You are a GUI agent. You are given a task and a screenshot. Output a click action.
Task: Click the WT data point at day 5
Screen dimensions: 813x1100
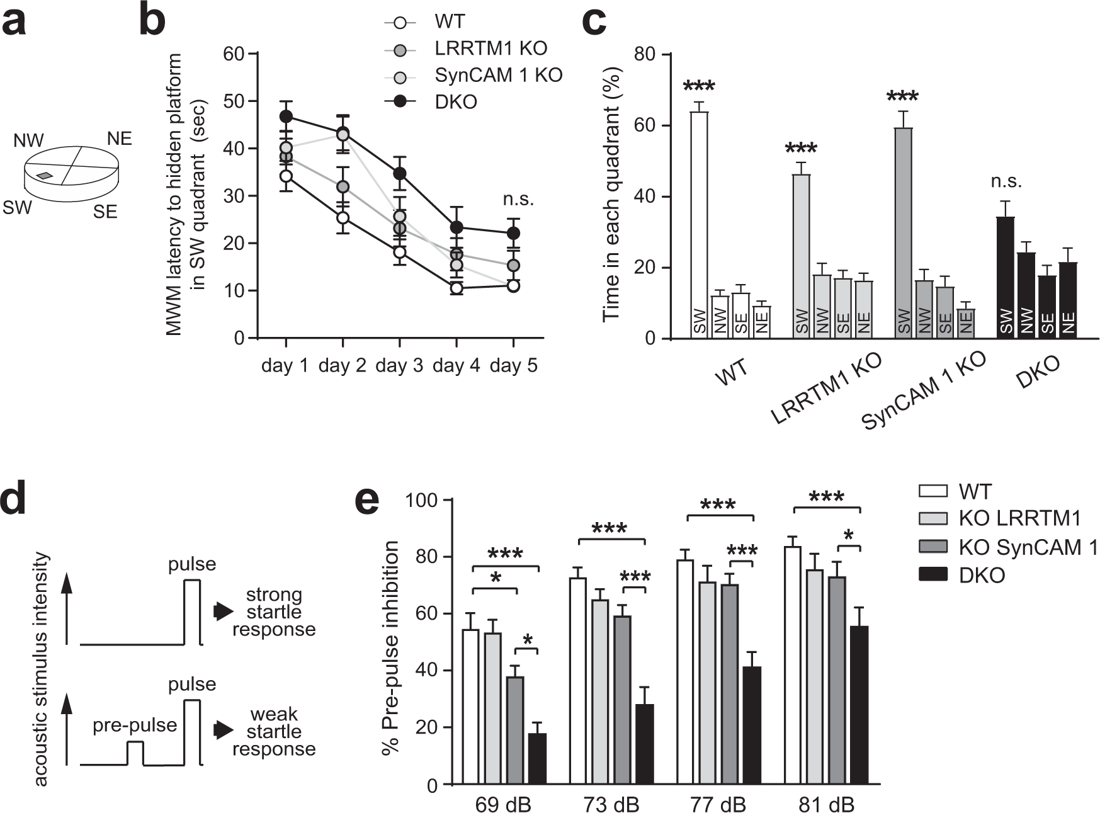[513, 285]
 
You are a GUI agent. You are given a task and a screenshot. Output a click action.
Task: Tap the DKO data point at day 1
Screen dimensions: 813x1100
[286, 117]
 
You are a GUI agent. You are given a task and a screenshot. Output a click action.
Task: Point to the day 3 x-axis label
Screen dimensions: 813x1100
[399, 366]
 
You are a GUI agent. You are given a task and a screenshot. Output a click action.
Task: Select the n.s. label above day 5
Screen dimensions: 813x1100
[518, 200]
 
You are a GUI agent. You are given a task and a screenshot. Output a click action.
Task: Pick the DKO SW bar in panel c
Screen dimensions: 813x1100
[1006, 278]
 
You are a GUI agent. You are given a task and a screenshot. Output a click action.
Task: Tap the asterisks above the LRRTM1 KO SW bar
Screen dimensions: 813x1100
[800, 150]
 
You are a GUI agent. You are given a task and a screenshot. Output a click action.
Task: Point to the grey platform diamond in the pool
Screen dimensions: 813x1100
[44, 176]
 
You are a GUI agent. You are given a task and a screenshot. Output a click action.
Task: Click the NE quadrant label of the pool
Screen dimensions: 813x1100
[119, 138]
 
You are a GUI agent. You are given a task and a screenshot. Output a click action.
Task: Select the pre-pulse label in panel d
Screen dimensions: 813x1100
[134, 725]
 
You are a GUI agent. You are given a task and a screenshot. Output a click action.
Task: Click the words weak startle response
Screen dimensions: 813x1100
[274, 732]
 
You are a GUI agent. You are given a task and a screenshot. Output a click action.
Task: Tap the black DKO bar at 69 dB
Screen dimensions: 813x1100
[537, 759]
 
